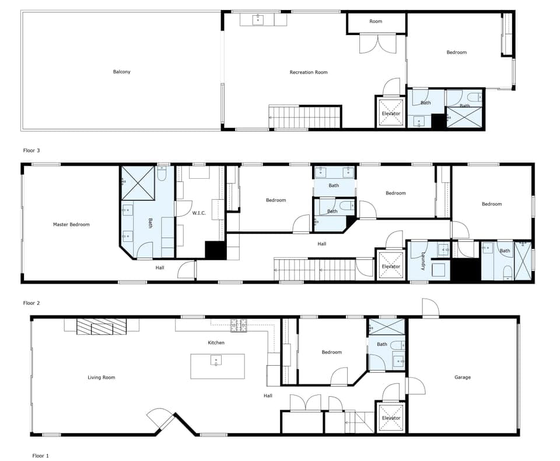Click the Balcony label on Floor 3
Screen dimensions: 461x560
point(122,72)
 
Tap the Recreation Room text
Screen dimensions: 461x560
point(309,72)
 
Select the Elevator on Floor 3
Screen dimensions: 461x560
point(391,113)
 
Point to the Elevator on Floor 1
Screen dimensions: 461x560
point(391,418)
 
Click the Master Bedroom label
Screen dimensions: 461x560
point(71,224)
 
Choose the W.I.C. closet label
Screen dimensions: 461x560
point(199,213)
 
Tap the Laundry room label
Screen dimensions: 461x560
point(423,261)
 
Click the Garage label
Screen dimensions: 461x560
point(463,377)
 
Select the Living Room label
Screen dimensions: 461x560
point(101,377)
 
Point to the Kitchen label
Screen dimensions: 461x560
point(216,342)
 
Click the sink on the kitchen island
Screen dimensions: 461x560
point(216,361)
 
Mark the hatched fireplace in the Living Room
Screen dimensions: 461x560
point(101,327)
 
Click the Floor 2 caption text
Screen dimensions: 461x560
point(32,303)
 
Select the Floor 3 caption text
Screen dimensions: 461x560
point(32,150)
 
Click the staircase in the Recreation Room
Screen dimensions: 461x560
point(304,117)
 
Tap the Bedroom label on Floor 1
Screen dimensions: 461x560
point(332,352)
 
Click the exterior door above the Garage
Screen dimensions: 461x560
point(430,308)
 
